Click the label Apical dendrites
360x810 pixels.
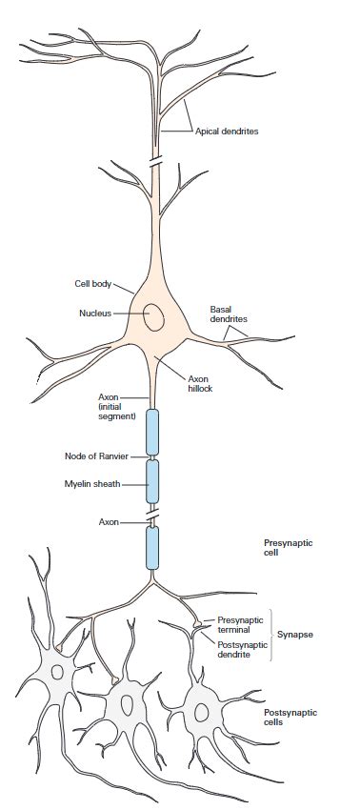click(x=227, y=132)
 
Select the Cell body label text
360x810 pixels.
click(x=93, y=283)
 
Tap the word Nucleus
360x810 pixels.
click(x=95, y=312)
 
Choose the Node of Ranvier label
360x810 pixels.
click(x=97, y=455)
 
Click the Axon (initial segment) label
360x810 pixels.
click(x=117, y=406)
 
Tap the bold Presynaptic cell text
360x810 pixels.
click(x=288, y=547)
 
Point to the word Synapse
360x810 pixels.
click(x=295, y=634)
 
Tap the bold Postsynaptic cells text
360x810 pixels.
click(x=291, y=717)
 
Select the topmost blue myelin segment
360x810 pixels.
click(x=151, y=432)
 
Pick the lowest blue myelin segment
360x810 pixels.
click(x=151, y=547)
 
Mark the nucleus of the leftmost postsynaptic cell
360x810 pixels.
click(x=58, y=672)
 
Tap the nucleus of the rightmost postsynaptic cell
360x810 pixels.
click(x=200, y=711)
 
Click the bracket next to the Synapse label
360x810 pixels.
click(x=270, y=634)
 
